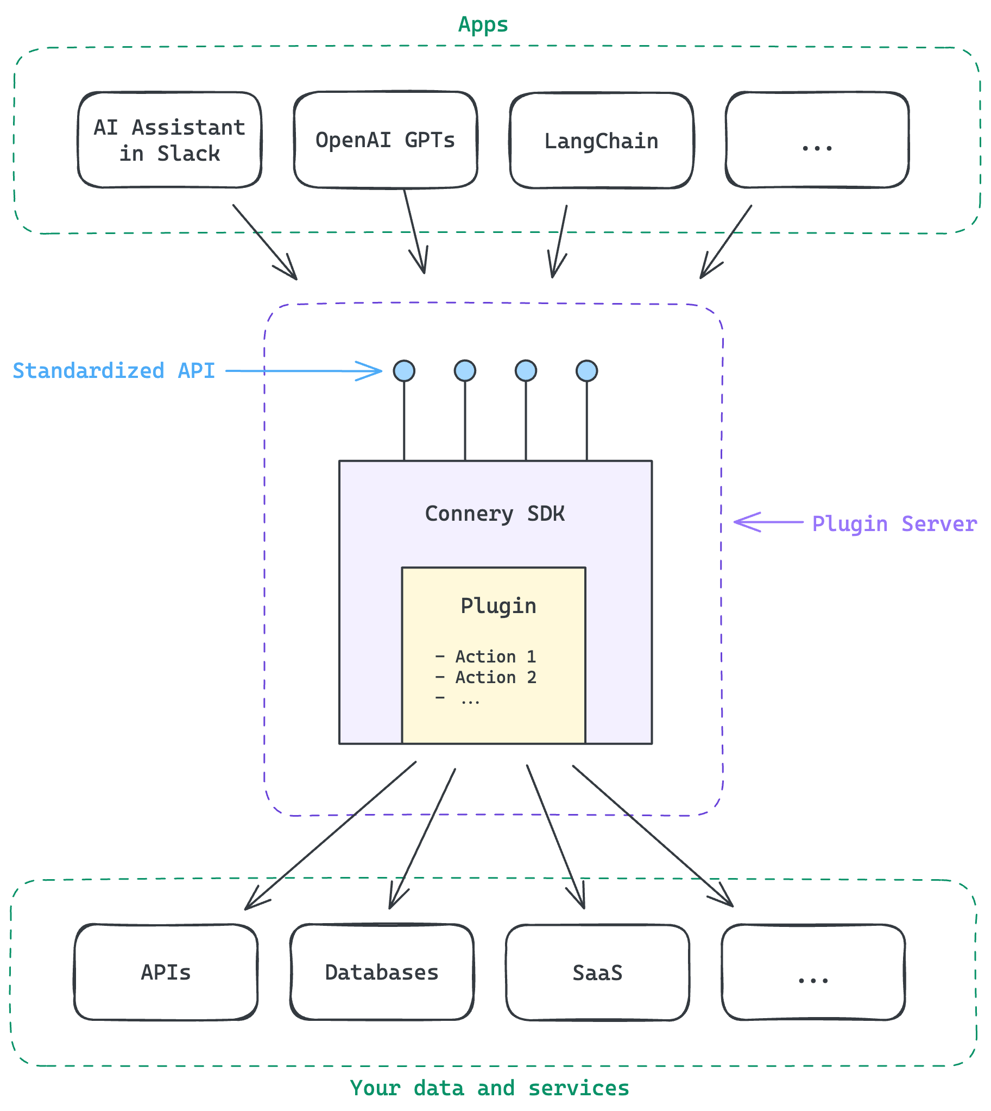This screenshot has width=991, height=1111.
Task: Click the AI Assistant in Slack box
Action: [169, 140]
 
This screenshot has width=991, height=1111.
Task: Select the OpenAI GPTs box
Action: [385, 140]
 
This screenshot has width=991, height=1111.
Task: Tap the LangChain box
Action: [601, 141]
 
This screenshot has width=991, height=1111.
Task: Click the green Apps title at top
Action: [483, 24]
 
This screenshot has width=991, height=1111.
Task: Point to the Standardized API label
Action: [113, 371]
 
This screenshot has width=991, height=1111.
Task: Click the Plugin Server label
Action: [894, 523]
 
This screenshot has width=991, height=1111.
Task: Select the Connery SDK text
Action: [494, 514]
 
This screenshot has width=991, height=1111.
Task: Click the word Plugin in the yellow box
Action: [498, 605]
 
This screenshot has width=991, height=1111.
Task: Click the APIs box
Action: [166, 972]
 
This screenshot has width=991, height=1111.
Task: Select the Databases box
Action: [382, 972]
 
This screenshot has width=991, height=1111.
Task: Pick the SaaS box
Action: [597, 973]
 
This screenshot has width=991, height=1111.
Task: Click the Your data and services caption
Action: [489, 1088]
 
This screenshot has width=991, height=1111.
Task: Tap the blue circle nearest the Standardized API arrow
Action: [404, 371]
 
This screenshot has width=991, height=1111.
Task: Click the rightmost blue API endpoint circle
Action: [586, 371]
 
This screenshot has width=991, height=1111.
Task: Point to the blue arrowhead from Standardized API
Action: [376, 371]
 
